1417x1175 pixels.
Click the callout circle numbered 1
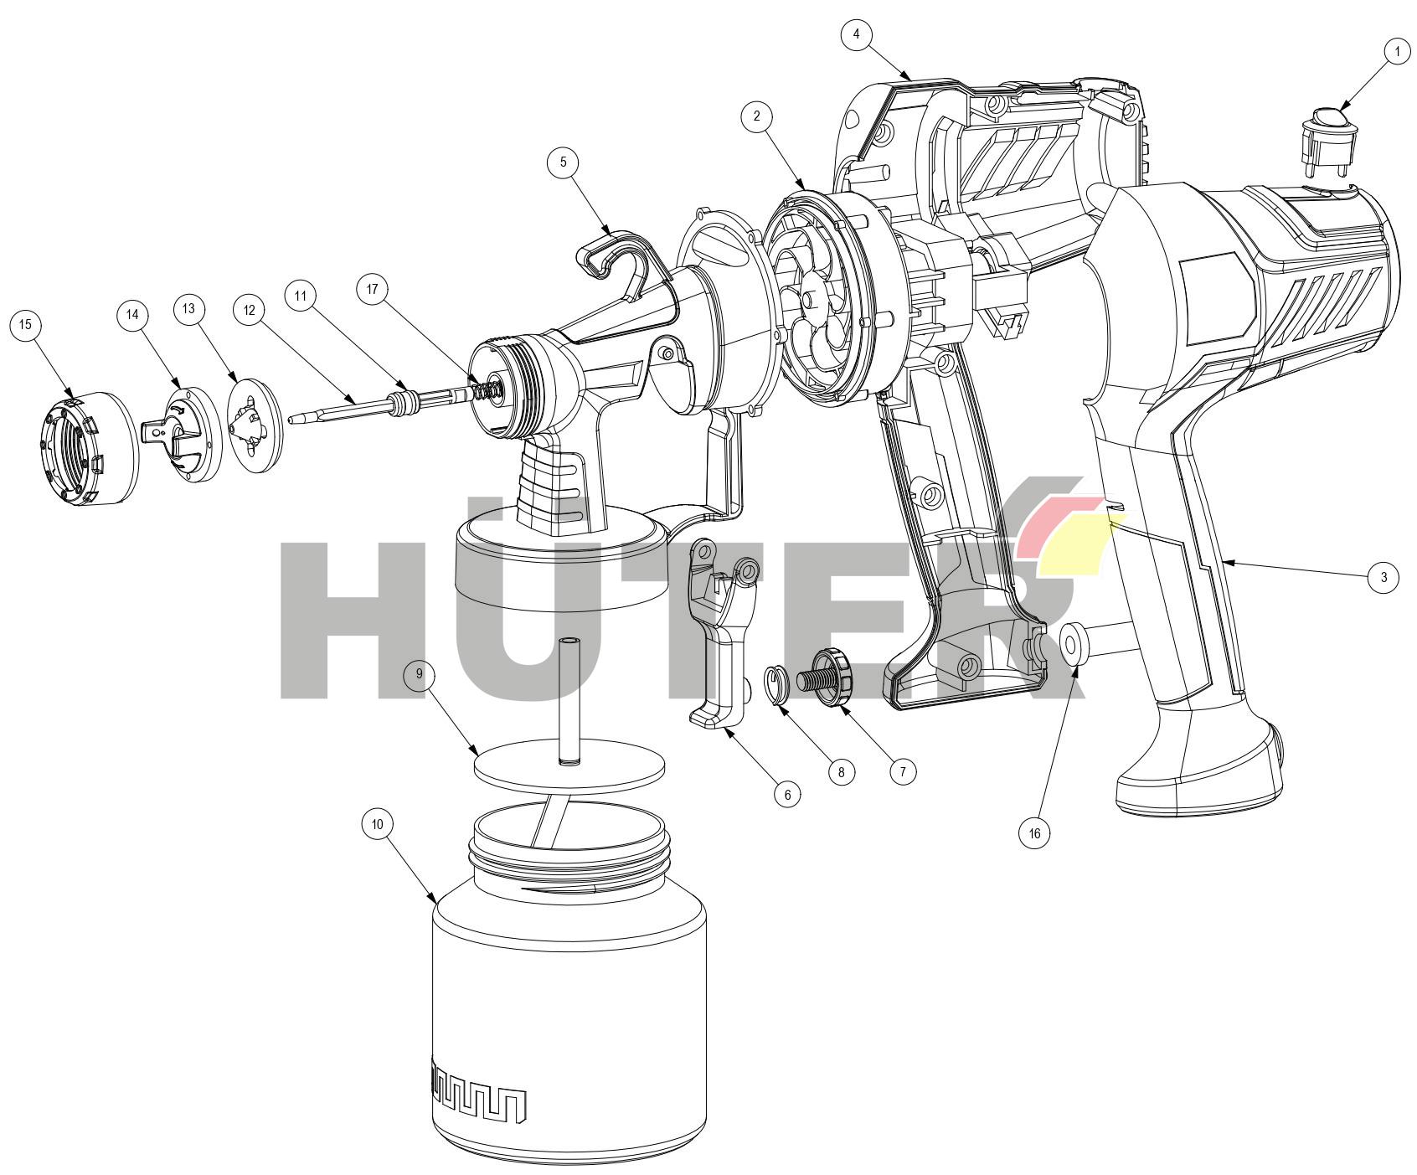(1397, 52)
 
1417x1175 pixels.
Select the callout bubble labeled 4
(856, 34)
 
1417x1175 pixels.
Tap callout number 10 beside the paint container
(378, 824)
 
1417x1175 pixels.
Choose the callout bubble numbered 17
(373, 290)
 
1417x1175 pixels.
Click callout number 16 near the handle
(1034, 833)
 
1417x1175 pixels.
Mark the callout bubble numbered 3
(1384, 577)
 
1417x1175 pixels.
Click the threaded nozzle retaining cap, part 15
(89, 449)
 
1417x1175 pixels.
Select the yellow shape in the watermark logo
(1076, 544)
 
